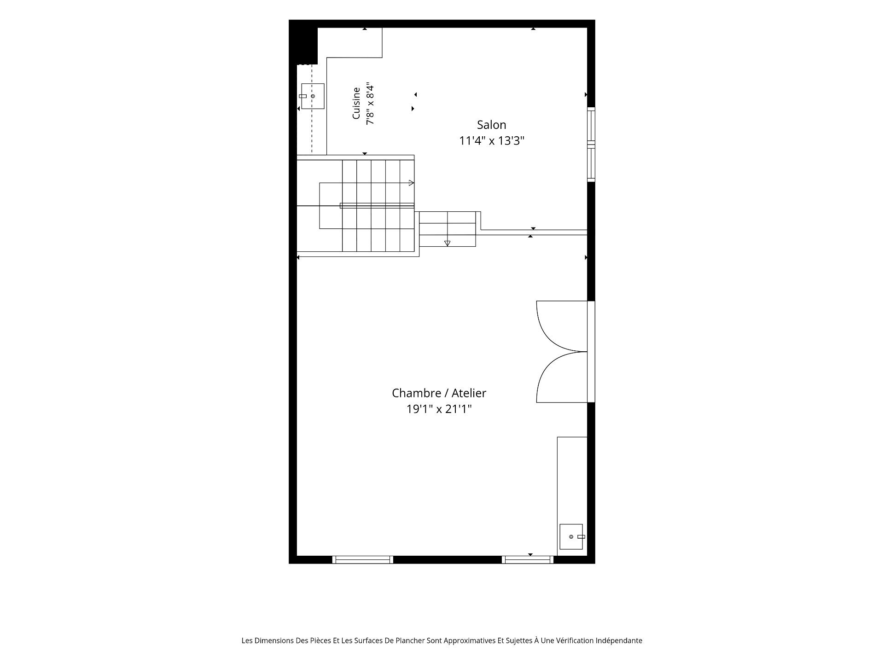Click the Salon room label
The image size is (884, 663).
click(x=491, y=125)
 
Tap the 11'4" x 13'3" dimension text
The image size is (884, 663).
click(x=492, y=140)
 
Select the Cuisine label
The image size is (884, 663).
click(x=356, y=103)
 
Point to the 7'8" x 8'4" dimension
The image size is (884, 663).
click(x=370, y=104)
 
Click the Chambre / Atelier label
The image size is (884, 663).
click(x=439, y=393)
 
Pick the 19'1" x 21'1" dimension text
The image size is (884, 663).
click(x=439, y=409)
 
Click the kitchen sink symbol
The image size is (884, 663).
click(x=312, y=96)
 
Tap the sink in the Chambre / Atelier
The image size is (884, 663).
click(x=572, y=537)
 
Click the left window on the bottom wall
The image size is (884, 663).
click(x=363, y=559)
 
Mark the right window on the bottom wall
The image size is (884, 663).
click(x=528, y=559)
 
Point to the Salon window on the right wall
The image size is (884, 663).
click(x=591, y=145)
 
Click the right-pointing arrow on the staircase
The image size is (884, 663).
click(x=411, y=183)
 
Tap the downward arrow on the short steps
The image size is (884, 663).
click(x=447, y=243)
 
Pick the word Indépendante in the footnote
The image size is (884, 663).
click(x=619, y=641)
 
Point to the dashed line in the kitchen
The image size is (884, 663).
click(x=312, y=108)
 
